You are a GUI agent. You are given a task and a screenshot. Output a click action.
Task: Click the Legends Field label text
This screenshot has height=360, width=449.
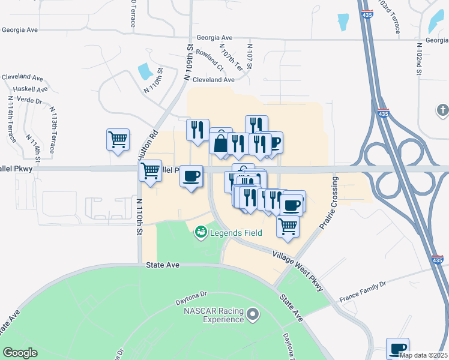pyautogui.click(x=236, y=232)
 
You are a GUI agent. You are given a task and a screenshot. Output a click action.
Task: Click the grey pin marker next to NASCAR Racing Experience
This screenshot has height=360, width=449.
pyautogui.click(x=254, y=314)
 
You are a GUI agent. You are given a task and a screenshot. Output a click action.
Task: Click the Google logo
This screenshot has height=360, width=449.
pyautogui.click(x=20, y=353)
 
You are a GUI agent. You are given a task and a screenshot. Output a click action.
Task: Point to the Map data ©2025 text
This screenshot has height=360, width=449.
pyautogui.click(x=423, y=355)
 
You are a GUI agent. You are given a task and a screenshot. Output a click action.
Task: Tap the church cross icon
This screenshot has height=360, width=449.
pyautogui.click(x=442, y=110)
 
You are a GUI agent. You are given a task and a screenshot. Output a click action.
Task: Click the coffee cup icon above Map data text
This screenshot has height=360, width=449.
pyautogui.click(x=397, y=348)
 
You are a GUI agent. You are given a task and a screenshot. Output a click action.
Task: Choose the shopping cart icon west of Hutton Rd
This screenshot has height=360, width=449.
pyautogui.click(x=118, y=139)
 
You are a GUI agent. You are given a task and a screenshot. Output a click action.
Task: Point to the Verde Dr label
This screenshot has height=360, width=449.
pyautogui.click(x=29, y=100)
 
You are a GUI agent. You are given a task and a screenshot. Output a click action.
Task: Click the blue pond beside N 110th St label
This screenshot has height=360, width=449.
pyautogui.click(x=145, y=71)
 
